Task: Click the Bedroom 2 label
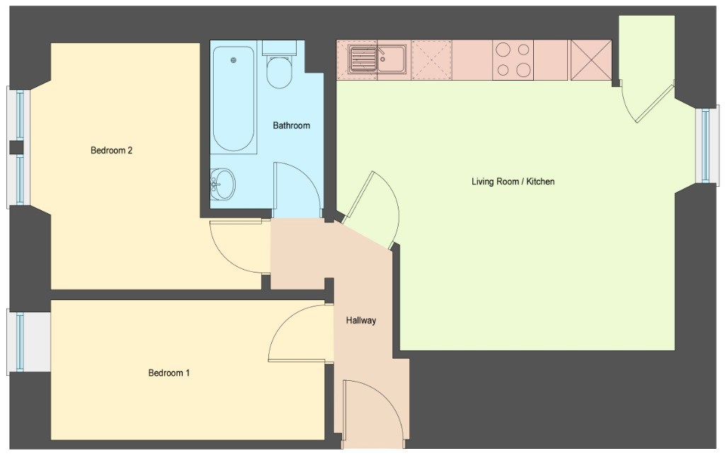(111, 150)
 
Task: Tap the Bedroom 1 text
(169, 373)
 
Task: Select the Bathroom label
(291, 125)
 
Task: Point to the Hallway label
(361, 320)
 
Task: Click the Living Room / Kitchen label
(513, 182)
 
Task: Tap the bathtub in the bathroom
(233, 98)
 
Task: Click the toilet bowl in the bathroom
(279, 72)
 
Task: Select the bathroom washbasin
(222, 184)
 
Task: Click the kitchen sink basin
(392, 59)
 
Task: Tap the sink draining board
(363, 59)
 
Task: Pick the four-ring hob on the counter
(513, 60)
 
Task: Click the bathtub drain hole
(234, 60)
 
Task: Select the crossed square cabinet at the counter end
(591, 60)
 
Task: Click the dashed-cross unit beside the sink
(431, 60)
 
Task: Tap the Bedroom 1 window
(19, 342)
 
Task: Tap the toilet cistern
(279, 48)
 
